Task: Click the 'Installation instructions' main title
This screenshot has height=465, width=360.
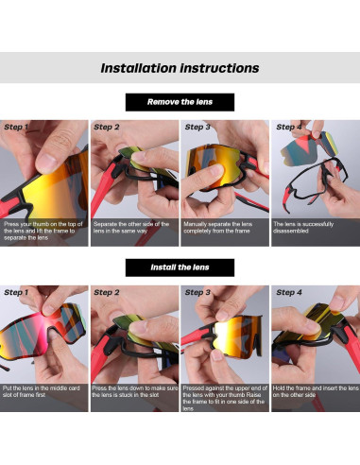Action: coord(180,68)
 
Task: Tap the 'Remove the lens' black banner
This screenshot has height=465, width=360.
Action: coord(180,102)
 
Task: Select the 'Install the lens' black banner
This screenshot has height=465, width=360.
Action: coord(180,267)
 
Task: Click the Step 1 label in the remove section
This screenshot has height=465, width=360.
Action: coord(16,127)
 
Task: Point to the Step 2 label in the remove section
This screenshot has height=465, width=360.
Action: coord(107,127)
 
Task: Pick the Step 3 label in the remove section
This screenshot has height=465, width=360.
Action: coord(197,127)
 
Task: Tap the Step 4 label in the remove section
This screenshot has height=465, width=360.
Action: coord(288,127)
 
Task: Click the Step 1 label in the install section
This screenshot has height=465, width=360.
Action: coord(16,293)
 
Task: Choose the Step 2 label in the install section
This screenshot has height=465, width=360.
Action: coord(107,293)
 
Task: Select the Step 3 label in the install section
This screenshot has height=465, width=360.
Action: coord(197,293)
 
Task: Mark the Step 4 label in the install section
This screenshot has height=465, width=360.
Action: coord(288,293)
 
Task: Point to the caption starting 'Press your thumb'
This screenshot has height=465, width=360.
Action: coord(43,232)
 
